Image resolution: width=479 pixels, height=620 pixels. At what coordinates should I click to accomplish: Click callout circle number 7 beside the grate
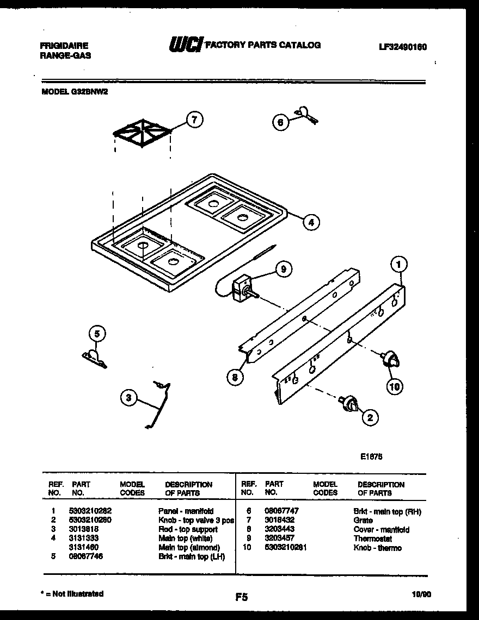pyautogui.click(x=193, y=120)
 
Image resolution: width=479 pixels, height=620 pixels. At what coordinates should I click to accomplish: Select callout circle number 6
pyautogui.click(x=280, y=122)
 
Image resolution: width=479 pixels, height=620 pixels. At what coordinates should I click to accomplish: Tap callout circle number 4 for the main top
pyautogui.click(x=310, y=222)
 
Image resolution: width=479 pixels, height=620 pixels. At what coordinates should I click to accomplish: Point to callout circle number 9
pyautogui.click(x=283, y=268)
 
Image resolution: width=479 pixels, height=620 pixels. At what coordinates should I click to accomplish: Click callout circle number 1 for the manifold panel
pyautogui.click(x=398, y=265)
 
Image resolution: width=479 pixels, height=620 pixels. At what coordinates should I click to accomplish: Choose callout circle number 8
pyautogui.click(x=235, y=378)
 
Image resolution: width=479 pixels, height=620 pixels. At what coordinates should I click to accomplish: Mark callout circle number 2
pyautogui.click(x=370, y=417)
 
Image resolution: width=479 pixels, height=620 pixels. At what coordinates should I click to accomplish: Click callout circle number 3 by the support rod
pyautogui.click(x=128, y=398)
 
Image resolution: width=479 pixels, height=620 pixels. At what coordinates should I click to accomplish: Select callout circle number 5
pyautogui.click(x=96, y=335)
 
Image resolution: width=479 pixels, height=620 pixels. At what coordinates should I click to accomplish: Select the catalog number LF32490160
pyautogui.click(x=402, y=47)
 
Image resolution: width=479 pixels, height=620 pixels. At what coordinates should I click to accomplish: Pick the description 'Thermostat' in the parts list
pyautogui.click(x=373, y=538)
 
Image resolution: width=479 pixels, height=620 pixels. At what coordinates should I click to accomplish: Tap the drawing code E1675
pyautogui.click(x=371, y=457)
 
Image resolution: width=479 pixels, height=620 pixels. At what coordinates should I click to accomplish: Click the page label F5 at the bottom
pyautogui.click(x=241, y=597)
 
